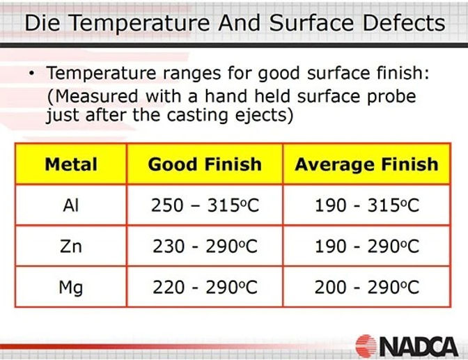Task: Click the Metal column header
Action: tap(70, 165)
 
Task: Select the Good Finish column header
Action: tap(205, 165)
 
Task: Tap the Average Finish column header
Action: tap(366, 165)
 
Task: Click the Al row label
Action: tap(70, 205)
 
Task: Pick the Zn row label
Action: tap(70, 246)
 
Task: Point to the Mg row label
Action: tap(70, 286)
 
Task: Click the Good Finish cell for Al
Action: tap(205, 205)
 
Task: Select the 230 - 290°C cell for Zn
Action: tap(205, 246)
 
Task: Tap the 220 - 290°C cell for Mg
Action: tap(205, 286)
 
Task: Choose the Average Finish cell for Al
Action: tap(366, 205)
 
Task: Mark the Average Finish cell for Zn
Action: tap(366, 246)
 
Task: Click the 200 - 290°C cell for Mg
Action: tap(366, 286)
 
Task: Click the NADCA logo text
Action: tap(419, 345)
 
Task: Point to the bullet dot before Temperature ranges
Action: tap(32, 73)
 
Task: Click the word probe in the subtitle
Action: tap(386, 95)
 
